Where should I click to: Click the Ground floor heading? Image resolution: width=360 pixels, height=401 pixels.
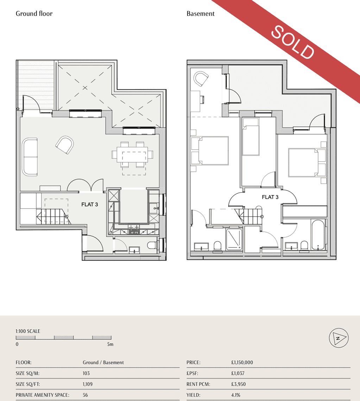click(x=34, y=13)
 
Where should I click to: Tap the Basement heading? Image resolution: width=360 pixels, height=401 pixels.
click(x=201, y=13)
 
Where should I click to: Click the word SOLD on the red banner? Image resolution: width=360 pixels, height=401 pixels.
click(x=292, y=42)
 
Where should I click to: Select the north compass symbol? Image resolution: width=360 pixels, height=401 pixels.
click(x=339, y=338)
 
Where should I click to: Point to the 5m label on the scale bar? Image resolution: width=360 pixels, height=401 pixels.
click(x=110, y=344)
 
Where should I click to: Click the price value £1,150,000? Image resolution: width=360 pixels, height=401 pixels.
click(x=242, y=362)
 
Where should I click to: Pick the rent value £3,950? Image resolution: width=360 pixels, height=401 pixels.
click(x=238, y=384)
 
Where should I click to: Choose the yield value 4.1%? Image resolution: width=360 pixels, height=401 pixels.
click(x=235, y=395)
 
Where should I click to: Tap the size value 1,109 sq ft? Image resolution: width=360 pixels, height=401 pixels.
click(x=87, y=384)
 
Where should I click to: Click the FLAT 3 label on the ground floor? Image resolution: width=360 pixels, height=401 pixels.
click(x=89, y=205)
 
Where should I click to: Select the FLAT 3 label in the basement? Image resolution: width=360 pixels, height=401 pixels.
click(x=270, y=197)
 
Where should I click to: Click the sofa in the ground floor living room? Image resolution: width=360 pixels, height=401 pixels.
click(x=30, y=157)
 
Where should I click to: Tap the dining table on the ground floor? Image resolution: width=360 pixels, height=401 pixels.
click(x=132, y=155)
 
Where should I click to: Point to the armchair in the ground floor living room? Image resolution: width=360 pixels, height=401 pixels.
click(x=65, y=145)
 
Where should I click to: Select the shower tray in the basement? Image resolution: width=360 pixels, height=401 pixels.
click(x=234, y=239)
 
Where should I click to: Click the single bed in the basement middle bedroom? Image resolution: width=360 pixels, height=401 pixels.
click(x=251, y=137)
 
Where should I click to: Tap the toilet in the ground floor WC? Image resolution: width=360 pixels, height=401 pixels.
click(x=152, y=245)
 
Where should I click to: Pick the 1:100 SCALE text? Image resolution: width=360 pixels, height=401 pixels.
click(x=28, y=331)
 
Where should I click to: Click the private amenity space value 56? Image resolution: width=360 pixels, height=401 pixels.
click(x=85, y=395)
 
